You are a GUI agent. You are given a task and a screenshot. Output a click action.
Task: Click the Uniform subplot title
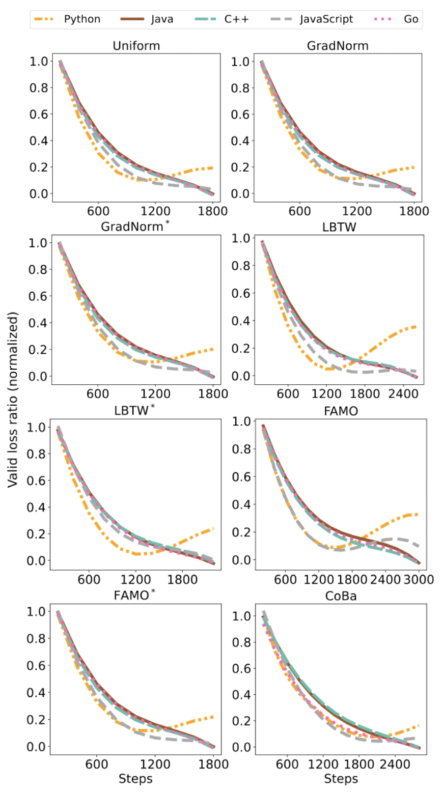coord(136,46)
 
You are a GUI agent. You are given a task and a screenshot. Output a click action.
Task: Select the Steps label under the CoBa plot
coord(341,779)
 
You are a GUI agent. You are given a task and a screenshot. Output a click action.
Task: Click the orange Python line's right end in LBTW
coord(417,326)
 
